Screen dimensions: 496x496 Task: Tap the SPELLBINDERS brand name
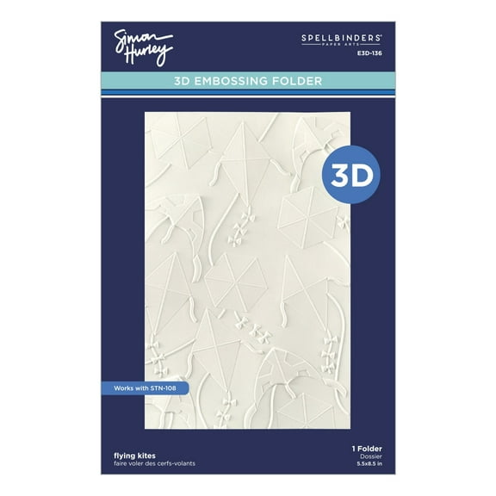(x=346, y=39)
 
